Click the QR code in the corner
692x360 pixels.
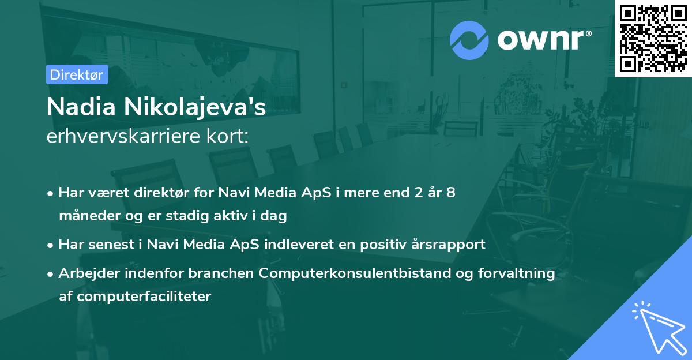pyautogui.click(x=653, y=39)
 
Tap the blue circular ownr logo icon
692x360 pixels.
pyautogui.click(x=469, y=40)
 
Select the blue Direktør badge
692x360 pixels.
pyautogui.click(x=77, y=74)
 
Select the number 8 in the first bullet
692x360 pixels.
pyautogui.click(x=450, y=192)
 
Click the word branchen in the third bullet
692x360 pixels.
pyautogui.click(x=221, y=273)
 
